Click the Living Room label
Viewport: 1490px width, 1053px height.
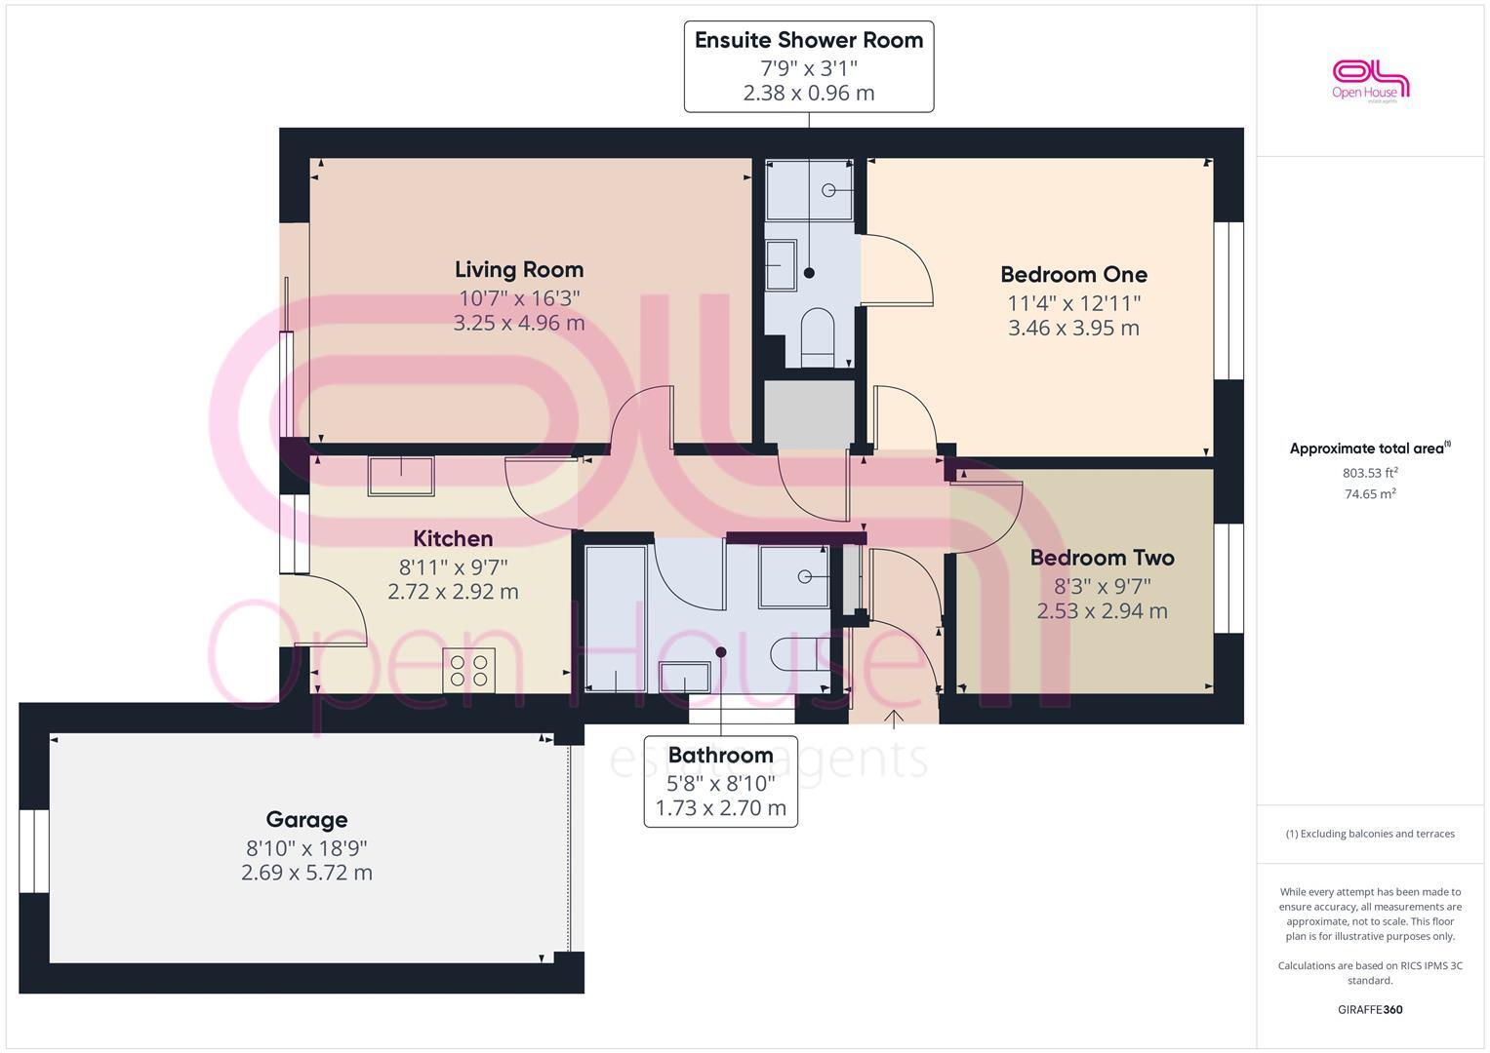click(518, 270)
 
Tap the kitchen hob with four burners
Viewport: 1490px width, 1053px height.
click(468, 671)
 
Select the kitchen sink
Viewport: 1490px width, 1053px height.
click(400, 476)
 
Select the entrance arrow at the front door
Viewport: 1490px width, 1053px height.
click(894, 719)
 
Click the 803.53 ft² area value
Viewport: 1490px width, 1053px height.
click(1370, 473)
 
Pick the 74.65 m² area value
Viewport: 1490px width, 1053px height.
click(1370, 494)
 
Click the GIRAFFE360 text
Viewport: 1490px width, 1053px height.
click(1370, 1009)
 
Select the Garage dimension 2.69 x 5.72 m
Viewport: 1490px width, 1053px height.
click(306, 873)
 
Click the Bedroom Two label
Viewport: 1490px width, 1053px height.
click(1102, 558)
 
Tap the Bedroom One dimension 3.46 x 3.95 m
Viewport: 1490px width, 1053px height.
click(1073, 328)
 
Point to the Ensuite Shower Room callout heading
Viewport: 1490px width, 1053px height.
click(808, 41)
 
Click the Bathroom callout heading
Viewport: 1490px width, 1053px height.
click(720, 756)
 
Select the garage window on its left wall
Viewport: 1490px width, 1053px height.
click(34, 850)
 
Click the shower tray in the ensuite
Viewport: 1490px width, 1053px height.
click(809, 190)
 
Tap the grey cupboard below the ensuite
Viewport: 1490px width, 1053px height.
click(809, 414)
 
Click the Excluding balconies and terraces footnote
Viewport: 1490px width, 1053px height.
click(1370, 834)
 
